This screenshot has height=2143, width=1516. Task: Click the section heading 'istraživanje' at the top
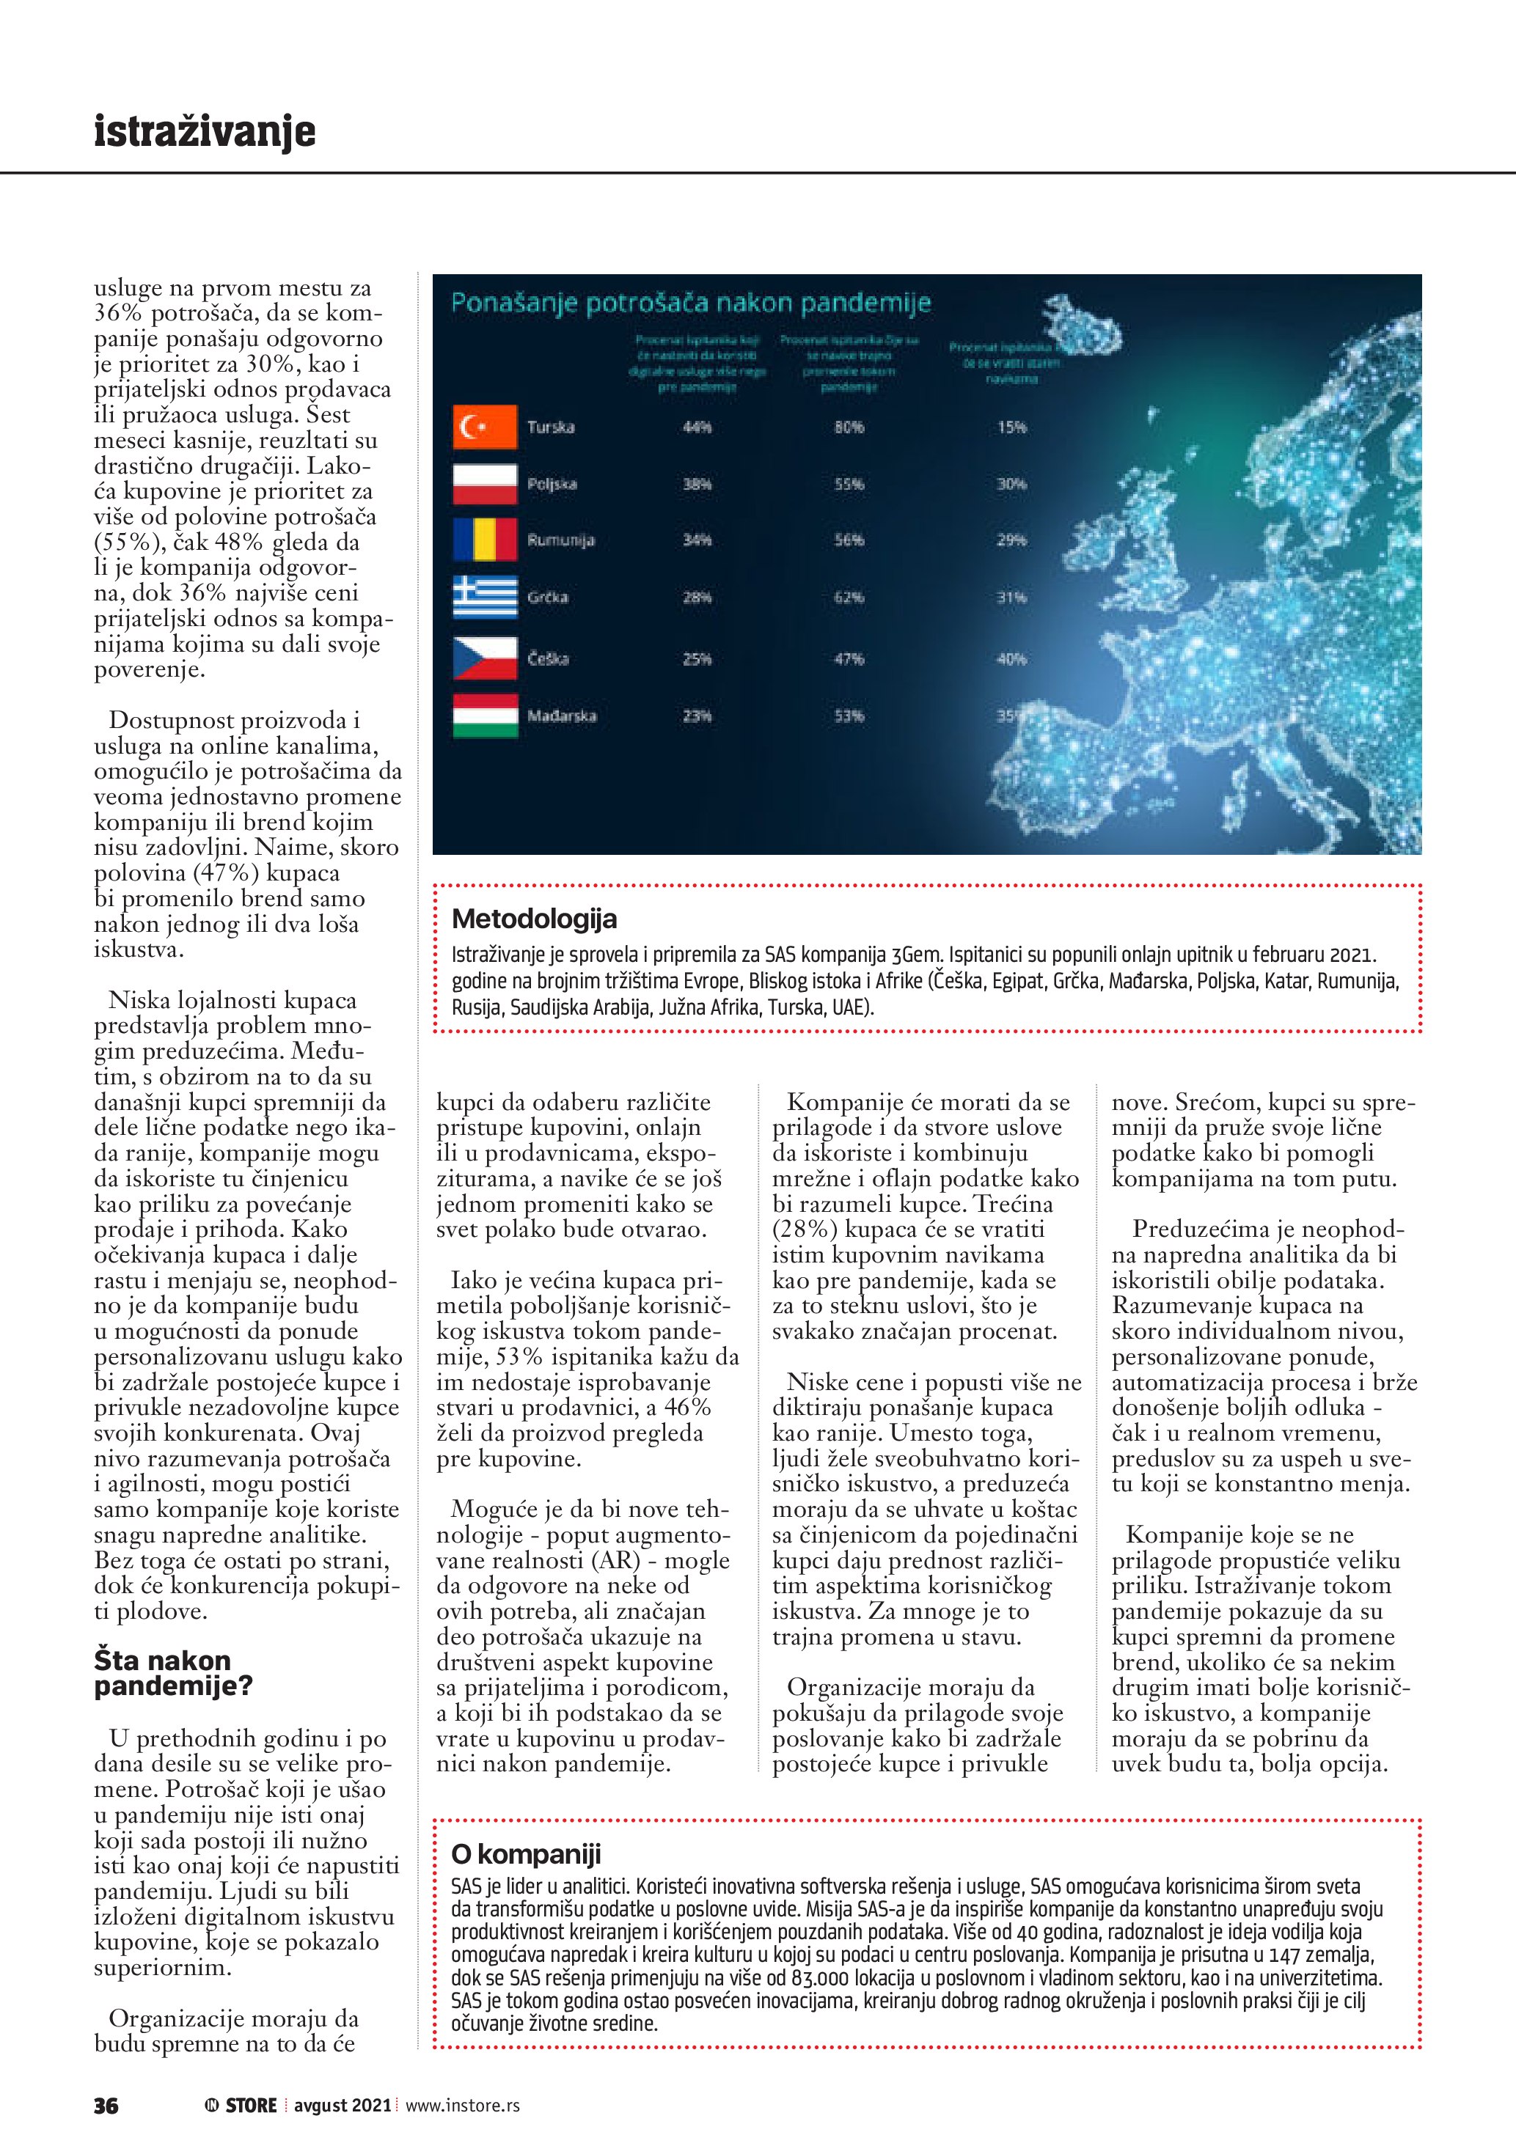(x=205, y=132)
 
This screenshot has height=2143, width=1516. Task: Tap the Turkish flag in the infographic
(x=485, y=427)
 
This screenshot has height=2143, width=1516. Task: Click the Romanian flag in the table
(x=485, y=540)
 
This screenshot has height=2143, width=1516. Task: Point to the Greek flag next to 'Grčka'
(x=485, y=597)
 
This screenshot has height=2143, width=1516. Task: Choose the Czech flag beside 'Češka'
(x=485, y=658)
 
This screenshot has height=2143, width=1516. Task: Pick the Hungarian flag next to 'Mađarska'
(x=485, y=716)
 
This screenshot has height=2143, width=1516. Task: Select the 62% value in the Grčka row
(x=849, y=597)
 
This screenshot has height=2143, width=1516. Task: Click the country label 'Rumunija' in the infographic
(x=560, y=540)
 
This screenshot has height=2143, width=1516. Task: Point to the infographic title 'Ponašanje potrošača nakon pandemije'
(x=691, y=304)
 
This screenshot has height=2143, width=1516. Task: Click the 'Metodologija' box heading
(x=534, y=919)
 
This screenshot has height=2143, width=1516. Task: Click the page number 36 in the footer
(x=106, y=2106)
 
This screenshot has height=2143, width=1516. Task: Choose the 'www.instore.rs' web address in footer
(x=462, y=2106)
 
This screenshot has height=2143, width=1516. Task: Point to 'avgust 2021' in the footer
(x=343, y=2106)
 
